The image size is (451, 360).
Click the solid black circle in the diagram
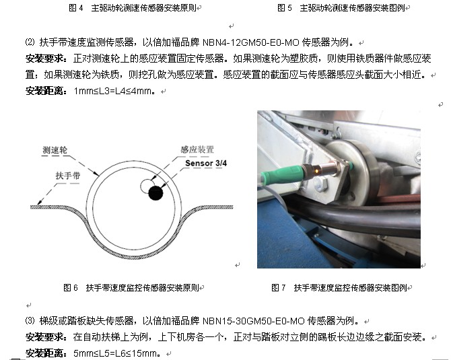point(155,192)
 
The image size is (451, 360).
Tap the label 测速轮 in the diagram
point(55,150)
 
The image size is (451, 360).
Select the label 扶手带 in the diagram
point(67,176)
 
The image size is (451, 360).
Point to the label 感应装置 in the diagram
point(197,149)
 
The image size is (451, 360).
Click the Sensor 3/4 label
point(206,163)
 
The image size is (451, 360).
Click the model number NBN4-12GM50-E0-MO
point(251,42)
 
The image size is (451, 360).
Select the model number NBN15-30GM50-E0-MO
point(254,320)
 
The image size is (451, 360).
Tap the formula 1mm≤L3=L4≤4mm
point(113,91)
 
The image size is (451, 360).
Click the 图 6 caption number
point(71,287)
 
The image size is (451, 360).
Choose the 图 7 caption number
point(279,287)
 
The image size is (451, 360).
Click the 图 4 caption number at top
point(76,8)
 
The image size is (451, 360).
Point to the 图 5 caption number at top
point(285,8)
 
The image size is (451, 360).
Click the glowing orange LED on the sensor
point(316,172)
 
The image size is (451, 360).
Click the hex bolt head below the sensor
point(320,183)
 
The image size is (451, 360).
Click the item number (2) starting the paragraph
point(30,42)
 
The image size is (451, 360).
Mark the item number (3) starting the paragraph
point(30,320)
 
